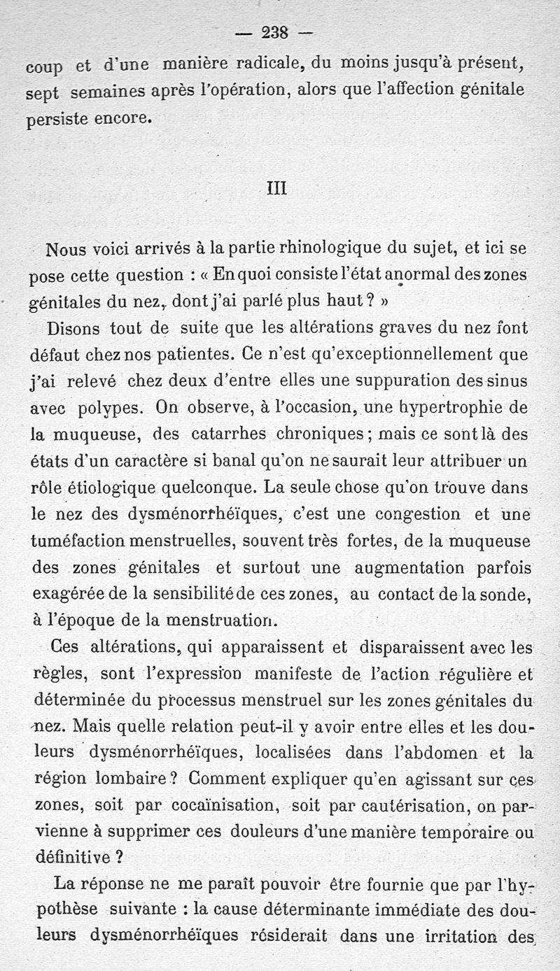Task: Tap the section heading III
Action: (277, 189)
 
